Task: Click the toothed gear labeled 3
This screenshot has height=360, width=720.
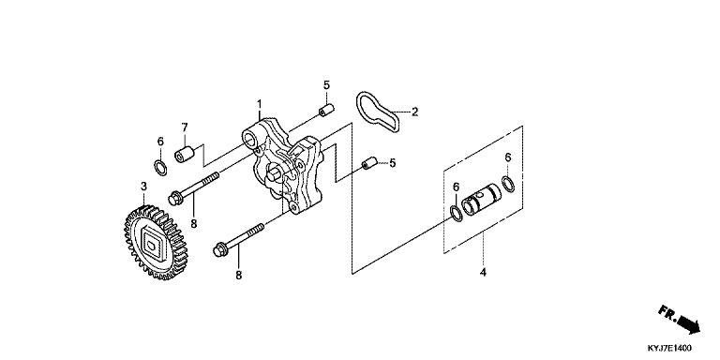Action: (157, 243)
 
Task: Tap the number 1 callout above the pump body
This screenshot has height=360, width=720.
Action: (260, 104)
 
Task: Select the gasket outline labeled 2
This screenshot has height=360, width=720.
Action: (378, 112)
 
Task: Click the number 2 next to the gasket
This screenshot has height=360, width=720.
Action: (414, 112)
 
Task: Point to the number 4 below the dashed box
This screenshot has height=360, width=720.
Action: (483, 272)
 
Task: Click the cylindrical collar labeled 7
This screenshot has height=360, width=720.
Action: (184, 154)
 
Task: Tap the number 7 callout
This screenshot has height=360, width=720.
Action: (185, 127)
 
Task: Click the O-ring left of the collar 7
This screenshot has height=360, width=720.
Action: (159, 168)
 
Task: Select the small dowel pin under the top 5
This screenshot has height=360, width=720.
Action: (326, 111)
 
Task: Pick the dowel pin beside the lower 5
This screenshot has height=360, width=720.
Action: (369, 163)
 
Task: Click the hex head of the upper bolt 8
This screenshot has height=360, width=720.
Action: (175, 199)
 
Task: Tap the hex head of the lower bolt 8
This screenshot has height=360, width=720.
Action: (220, 250)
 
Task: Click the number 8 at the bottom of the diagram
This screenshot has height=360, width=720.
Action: (239, 275)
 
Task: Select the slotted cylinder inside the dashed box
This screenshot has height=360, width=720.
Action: (481, 200)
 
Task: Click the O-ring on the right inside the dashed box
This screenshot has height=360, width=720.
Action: (508, 184)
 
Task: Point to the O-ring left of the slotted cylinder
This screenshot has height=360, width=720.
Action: (457, 214)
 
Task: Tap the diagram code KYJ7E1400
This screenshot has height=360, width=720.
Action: (669, 348)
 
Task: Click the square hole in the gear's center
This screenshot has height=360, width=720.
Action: (152, 244)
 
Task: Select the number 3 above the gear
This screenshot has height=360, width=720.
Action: (143, 187)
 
